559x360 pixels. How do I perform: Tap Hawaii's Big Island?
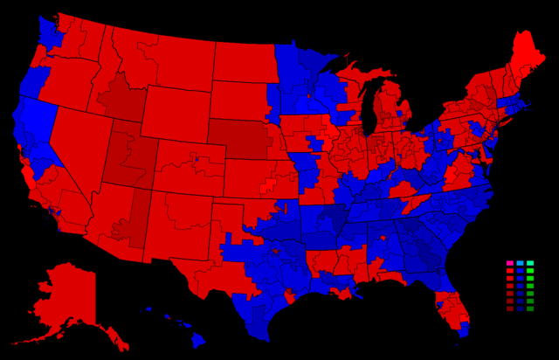(x=198, y=339)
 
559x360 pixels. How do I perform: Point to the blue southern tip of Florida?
(x=463, y=329)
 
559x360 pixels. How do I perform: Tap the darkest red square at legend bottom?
(x=509, y=308)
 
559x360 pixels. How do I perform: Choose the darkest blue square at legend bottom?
(x=520, y=308)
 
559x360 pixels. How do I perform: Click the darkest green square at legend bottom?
(x=530, y=308)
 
